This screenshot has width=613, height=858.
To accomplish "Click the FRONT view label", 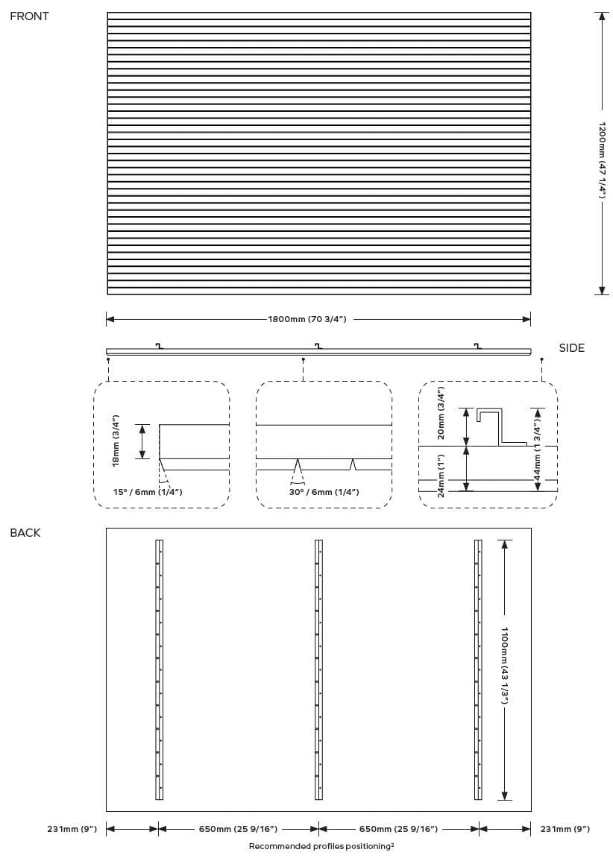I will [29, 16].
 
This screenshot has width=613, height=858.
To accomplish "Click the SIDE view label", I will [571, 348].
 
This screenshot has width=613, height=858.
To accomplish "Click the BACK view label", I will [25, 533].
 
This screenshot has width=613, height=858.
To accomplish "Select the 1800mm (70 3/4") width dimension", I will [306, 320].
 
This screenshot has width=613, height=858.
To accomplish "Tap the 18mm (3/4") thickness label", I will [116, 441].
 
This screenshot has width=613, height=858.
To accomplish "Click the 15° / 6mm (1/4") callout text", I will [148, 492].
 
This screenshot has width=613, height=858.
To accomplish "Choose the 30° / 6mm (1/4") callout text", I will [324, 492].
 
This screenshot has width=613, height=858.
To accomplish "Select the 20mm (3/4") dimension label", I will [441, 412].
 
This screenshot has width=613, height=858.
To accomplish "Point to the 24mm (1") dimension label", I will [441, 475].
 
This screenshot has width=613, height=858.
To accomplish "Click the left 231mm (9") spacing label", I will [72, 829].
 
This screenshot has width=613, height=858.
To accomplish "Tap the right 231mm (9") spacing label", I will [565, 829].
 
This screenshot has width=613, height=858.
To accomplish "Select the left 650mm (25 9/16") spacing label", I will [238, 829].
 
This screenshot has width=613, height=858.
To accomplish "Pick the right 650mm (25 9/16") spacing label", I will [398, 829].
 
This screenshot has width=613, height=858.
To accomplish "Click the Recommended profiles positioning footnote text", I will [321, 846].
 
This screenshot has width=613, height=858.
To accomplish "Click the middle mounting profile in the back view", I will [318, 669].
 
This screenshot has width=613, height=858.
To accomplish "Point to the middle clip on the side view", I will [318, 345].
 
